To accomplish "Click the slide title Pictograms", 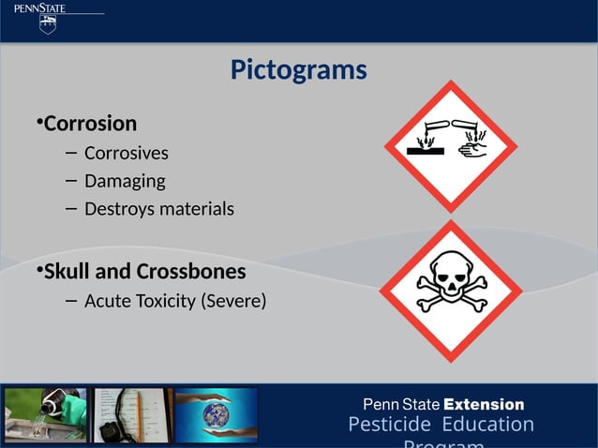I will click(298, 70).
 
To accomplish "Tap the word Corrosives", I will click(127, 153).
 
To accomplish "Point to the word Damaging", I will click(125, 181).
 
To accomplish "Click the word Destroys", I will click(119, 209).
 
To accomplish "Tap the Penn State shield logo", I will click(48, 24).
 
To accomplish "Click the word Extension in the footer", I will click(484, 405).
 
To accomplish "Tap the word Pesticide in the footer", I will click(389, 426).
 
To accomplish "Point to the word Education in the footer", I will click(487, 426).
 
